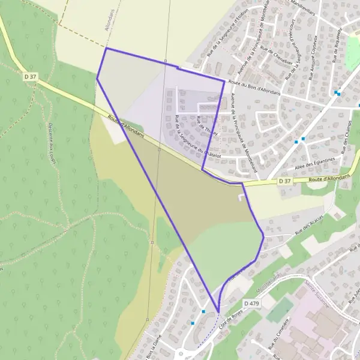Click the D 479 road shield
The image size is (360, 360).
point(252,304)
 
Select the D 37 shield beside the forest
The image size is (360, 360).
point(31,76)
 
